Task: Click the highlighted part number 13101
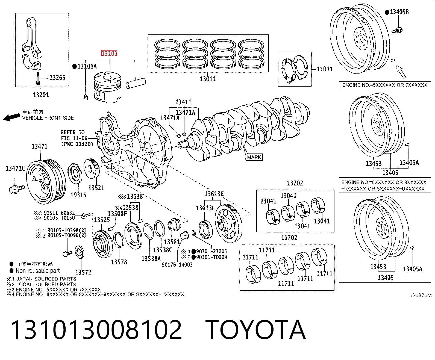coord(109,53)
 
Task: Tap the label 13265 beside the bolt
coord(57,78)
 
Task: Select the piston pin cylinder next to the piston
coord(136,83)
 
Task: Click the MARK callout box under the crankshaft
coord(254,157)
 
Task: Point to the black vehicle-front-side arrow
coord(12,117)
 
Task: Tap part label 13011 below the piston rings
coord(207,79)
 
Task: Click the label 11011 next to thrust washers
coord(325,69)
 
